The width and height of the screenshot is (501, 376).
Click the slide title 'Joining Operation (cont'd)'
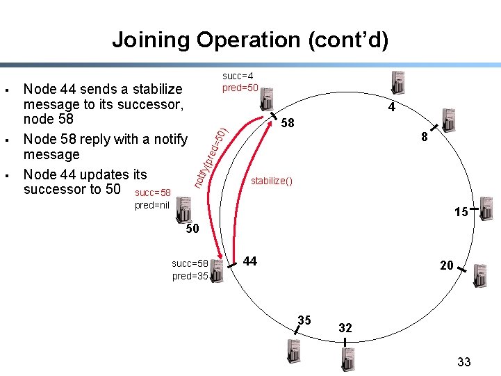[250, 40]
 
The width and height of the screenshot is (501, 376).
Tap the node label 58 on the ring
[288, 123]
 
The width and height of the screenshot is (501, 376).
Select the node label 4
[392, 108]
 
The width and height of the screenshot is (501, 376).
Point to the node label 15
[461, 212]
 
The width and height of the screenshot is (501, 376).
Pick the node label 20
[446, 265]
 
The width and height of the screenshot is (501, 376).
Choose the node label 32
[345, 327]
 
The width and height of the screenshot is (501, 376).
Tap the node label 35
[304, 320]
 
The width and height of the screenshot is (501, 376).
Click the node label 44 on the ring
[250, 261]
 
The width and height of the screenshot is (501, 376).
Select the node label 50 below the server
[192, 229]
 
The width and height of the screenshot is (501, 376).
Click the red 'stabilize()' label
[272, 181]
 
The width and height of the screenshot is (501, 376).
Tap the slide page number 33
[464, 361]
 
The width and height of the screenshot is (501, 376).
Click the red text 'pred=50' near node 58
[240, 88]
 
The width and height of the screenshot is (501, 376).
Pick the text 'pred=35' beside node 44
[190, 276]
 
